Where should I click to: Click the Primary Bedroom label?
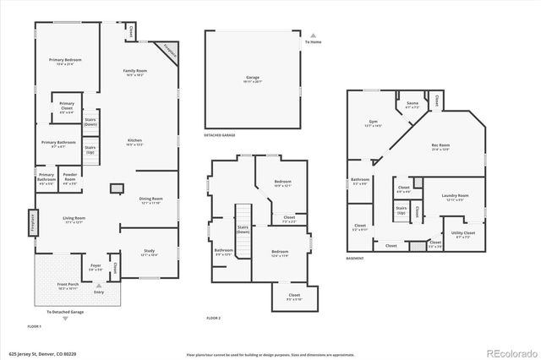(64, 60)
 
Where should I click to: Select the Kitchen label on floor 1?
(135, 140)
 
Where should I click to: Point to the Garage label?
(253, 78)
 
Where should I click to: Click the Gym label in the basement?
(372, 123)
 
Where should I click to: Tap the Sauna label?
(413, 106)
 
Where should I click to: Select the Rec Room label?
(451, 147)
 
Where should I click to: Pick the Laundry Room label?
(455, 197)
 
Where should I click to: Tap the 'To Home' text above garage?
(313, 41)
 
